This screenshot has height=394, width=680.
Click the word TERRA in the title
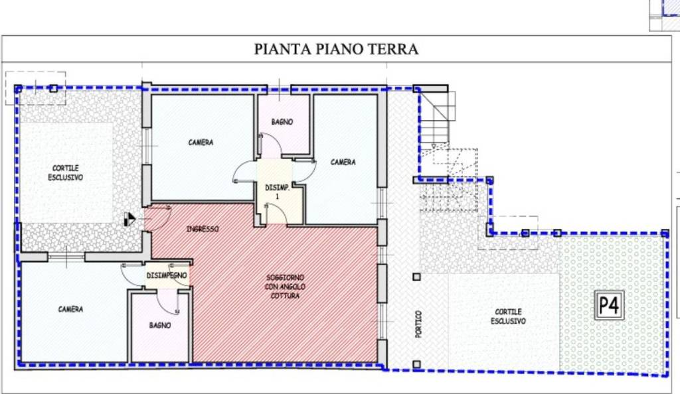394,49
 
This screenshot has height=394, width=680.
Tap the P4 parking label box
609,306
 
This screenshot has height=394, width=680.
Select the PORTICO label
418,323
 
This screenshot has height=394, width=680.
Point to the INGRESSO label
203,229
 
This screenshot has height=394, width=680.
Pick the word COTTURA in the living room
284,296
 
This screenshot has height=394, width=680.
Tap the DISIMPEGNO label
167,275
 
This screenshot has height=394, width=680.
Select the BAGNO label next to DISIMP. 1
282,122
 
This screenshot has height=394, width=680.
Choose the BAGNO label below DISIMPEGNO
160,325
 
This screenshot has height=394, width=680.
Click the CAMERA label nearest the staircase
343,162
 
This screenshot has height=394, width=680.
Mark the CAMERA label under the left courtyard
70,309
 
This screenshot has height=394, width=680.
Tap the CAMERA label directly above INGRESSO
201,142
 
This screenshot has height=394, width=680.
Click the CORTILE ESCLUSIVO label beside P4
508,316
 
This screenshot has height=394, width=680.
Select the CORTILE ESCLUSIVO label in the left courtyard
65,173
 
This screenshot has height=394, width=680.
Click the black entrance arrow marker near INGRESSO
131,218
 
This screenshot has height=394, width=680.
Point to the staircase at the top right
436,119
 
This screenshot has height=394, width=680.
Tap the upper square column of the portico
416,277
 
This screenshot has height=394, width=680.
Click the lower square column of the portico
416,364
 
